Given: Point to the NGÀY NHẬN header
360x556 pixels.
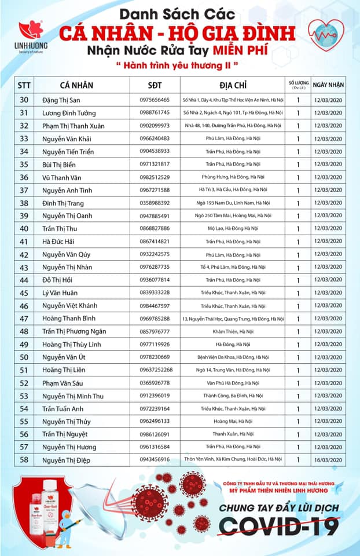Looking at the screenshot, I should pyautogui.click(x=328, y=85).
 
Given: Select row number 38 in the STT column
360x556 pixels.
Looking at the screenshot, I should pyautogui.click(x=24, y=203).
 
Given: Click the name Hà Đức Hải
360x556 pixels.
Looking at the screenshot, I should pyautogui.click(x=58, y=242).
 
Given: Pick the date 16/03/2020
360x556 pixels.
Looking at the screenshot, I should pyautogui.click(x=328, y=459).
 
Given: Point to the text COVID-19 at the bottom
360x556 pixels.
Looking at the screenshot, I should pyautogui.click(x=281, y=526).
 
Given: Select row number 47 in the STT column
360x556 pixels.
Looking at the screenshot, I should pyautogui.click(x=24, y=319).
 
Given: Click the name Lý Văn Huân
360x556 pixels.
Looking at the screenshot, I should pyautogui.click(x=60, y=292).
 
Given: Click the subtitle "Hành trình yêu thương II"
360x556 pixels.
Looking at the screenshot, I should pyautogui.click(x=180, y=65).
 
